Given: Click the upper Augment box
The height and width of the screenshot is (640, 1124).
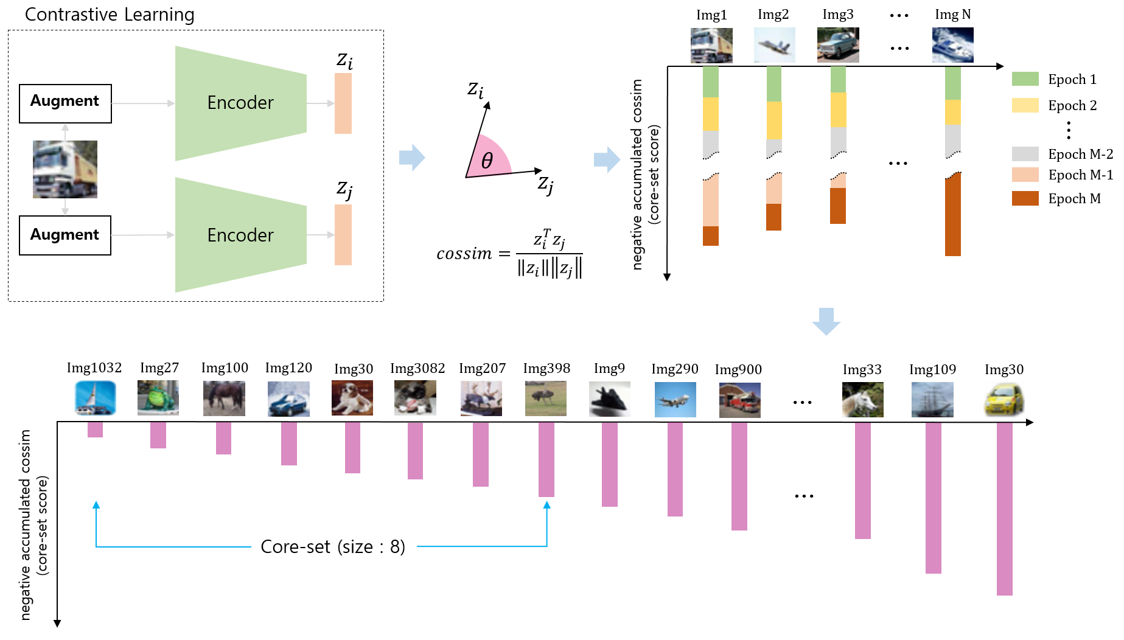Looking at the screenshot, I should point(65,103).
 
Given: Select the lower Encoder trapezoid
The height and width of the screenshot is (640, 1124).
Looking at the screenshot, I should point(240,235).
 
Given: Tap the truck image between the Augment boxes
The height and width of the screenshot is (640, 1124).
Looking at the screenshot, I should point(65,169).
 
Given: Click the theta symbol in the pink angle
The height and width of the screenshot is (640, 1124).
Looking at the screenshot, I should point(487,161).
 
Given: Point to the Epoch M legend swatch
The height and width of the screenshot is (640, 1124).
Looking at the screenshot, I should point(1025,198).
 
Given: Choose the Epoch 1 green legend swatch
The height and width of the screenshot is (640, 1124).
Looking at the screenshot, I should point(1025,79).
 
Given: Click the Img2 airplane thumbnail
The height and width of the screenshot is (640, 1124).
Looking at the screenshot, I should point(774,45).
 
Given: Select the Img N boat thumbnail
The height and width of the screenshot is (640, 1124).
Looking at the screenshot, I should point(952,45).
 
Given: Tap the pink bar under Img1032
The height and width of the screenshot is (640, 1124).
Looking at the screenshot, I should point(95,430).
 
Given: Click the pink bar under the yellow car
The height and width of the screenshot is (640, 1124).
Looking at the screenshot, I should point(1004,508).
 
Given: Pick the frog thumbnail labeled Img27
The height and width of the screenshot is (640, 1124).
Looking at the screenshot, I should point(158,398).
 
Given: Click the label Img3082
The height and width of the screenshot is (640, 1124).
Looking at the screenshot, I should point(417,369).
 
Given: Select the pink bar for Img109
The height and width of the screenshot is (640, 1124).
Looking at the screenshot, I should point(933,498).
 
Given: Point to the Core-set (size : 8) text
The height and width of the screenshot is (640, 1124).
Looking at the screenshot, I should point(333,547).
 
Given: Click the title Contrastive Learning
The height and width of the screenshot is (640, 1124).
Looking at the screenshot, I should point(110,15).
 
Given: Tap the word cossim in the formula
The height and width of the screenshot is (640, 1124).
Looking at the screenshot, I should point(464,254).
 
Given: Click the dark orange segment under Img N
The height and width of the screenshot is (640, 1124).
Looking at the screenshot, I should point(953,216).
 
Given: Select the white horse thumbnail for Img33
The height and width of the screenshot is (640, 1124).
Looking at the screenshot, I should point(862,400).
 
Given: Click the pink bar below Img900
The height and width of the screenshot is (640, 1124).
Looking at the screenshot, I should point(739,476).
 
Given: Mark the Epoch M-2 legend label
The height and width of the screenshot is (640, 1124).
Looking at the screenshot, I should point(1080,155).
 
